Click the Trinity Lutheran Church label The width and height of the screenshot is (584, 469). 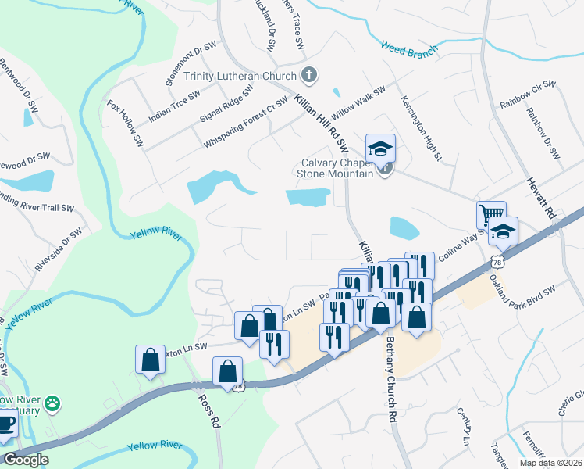pos(240,76)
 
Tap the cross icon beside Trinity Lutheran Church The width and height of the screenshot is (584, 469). pos(309,76)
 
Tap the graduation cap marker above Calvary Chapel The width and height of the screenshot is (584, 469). pos(380,148)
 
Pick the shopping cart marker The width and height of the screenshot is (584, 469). pos(491,215)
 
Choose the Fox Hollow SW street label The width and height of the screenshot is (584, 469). pos(126,124)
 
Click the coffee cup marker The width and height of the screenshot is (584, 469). pos(5,422)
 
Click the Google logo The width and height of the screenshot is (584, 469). pos(26,460)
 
